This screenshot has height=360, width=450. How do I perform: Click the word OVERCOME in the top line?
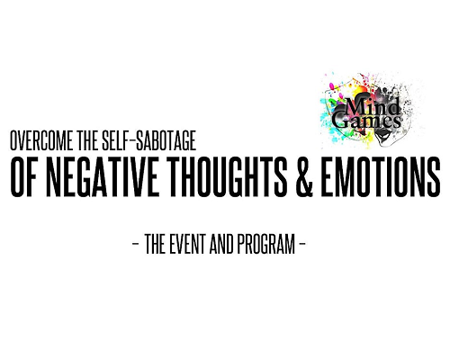tap(41, 140)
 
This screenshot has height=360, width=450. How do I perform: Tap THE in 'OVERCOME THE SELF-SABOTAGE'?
tap(88, 140)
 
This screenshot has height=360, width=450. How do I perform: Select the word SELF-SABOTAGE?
tap(149, 140)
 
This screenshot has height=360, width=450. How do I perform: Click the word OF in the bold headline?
tap(23, 177)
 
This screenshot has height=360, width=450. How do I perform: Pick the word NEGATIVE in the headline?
tap(103, 177)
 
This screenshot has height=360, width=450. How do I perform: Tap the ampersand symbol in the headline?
tap(304, 177)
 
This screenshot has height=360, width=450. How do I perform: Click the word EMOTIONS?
tap(381, 177)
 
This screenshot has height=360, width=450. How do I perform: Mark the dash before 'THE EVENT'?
tap(136, 243)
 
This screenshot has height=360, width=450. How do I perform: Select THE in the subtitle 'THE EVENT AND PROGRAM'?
tap(155, 244)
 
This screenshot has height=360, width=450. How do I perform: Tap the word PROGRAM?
tap(266, 244)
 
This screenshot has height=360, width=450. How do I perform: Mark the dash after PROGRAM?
tap(302, 243)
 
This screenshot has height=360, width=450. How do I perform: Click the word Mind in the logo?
tap(373, 107)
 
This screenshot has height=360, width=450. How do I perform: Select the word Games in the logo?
tap(366, 121)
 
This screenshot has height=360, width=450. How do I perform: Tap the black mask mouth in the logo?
tap(383, 137)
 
